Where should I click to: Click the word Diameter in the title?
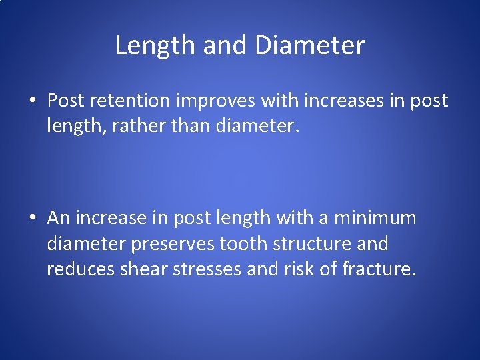[310, 46]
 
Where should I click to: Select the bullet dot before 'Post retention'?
[32, 101]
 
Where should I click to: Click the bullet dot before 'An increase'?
[32, 219]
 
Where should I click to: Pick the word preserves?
[172, 244]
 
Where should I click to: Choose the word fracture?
[378, 269]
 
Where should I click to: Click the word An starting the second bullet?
[58, 218]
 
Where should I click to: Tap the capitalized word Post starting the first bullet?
[63, 101]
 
